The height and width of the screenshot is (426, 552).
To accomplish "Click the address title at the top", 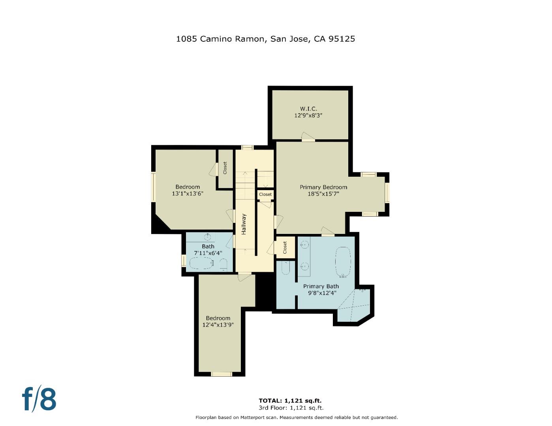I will pos(265,39).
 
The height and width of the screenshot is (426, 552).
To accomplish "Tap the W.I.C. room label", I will pos(308,108).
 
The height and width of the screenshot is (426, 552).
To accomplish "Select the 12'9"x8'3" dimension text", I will pos(308,116).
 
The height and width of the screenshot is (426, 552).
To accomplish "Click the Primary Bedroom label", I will pos(323,187).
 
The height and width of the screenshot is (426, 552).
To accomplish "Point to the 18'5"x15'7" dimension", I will pos(323,194).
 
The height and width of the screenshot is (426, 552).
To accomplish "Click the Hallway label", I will pos(244,224).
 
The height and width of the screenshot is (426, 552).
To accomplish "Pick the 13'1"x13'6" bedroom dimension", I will pos(188,194).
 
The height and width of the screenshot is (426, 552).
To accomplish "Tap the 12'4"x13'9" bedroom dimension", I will pos(218,325).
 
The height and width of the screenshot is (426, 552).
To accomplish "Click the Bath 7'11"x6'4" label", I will pos(208,250).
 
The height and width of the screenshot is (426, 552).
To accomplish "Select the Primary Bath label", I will pos(321,286).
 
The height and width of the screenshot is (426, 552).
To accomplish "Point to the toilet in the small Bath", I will pos(223,264).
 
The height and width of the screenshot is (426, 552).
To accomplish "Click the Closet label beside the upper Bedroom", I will pos(225,168).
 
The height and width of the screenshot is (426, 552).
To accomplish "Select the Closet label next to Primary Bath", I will pos(285,248).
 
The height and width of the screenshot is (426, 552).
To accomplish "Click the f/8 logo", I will pos(39,399).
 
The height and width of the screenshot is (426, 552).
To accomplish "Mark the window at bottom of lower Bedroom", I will pos(221,374).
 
